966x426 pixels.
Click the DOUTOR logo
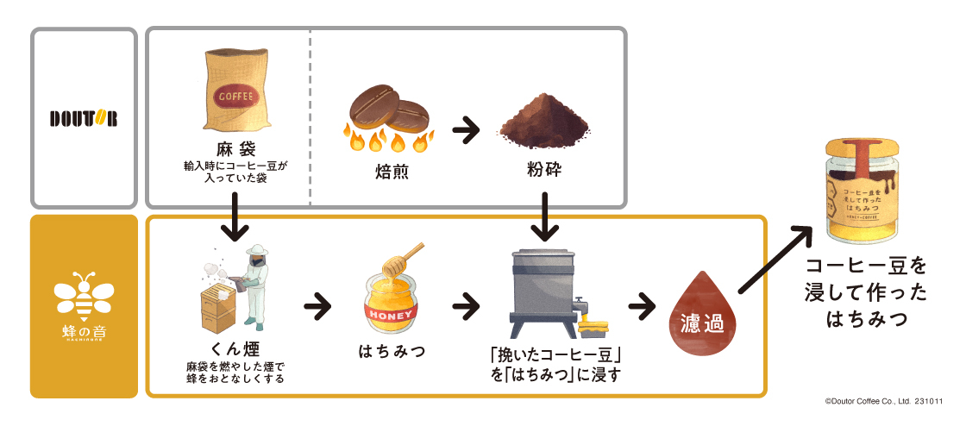coord(84,117)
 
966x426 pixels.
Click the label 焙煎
coord(389,171)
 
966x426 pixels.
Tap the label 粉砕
coord(543,169)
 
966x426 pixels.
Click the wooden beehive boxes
coord(215,306)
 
